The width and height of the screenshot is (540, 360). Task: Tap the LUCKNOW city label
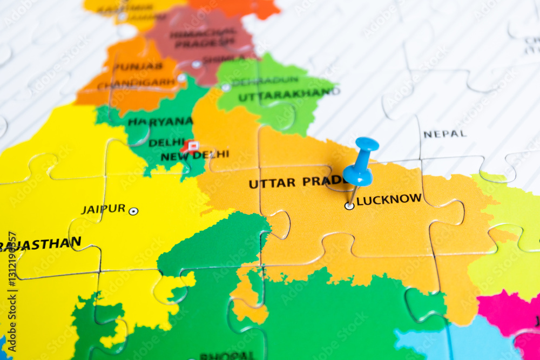tap(389, 199)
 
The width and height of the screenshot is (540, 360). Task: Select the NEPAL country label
tap(444, 133)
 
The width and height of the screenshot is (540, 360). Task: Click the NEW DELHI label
tap(194, 155)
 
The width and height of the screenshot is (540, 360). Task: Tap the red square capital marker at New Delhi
tap(192, 146)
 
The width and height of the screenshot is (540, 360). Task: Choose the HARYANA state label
tap(160, 121)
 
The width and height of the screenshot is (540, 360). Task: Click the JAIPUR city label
tap(103, 209)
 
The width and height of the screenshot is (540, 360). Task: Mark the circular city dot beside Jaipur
tap(133, 211)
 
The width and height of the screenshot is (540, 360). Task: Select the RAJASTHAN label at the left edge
tap(40, 244)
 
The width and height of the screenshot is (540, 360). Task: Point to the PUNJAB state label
tap(138, 66)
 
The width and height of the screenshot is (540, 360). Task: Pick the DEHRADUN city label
tap(265, 81)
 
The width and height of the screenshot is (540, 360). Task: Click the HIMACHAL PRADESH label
tap(202, 38)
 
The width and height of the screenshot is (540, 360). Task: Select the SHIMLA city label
tap(216, 59)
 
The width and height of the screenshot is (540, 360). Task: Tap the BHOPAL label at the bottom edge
tap(227, 356)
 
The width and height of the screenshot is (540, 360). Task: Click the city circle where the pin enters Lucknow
tap(349, 206)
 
